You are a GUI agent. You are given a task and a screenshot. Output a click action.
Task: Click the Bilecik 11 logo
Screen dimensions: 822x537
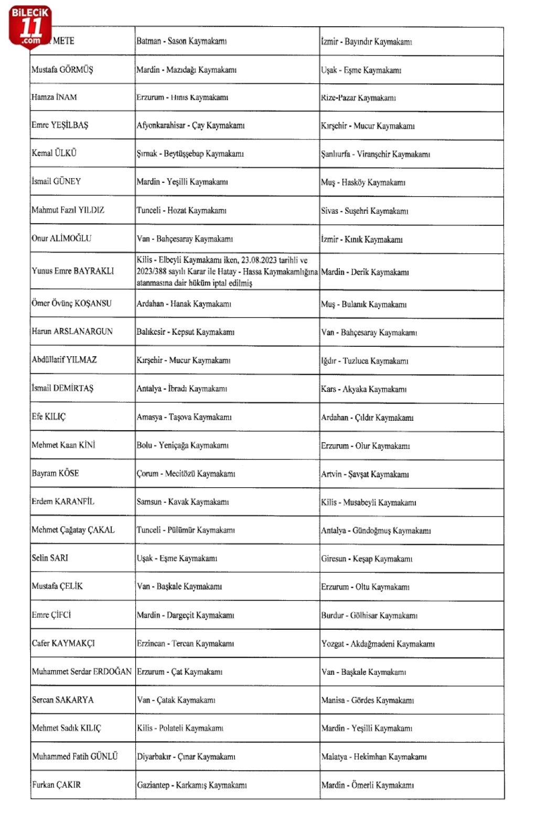coord(30,27)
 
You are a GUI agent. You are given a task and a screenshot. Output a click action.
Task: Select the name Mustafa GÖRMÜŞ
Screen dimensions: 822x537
coord(62,69)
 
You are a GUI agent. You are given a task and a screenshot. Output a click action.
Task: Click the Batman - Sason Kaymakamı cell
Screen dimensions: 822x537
coord(181,41)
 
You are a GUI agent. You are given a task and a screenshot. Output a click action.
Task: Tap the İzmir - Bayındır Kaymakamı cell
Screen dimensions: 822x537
coord(367,41)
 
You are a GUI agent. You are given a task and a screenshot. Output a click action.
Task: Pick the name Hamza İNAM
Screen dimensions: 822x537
coord(54,97)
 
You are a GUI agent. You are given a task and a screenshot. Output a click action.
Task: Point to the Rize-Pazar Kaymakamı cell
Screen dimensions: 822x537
coord(358,97)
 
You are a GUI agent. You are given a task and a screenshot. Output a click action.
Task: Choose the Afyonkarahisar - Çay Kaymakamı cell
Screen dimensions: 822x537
coord(190,125)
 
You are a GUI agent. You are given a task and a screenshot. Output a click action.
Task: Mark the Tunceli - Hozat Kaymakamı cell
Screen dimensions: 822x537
coord(181,210)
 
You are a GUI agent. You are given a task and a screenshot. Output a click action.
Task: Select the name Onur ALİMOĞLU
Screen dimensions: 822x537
coord(61,238)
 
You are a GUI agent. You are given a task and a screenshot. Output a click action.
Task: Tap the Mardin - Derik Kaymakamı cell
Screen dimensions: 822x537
coord(365,272)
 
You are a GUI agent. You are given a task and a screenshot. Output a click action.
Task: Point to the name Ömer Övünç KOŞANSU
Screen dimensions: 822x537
coord(71,303)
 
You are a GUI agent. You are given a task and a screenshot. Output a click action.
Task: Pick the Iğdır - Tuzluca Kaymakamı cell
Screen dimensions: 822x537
coord(364,360)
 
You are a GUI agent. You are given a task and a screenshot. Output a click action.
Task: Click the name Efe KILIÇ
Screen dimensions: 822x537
coord(49,417)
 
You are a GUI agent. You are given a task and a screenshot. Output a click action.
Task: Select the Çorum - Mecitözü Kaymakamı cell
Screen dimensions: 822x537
coord(186,474)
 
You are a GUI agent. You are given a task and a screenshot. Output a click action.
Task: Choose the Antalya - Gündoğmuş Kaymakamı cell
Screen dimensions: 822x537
coord(376,530)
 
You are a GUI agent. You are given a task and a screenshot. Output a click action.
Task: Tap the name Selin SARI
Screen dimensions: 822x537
coord(50,558)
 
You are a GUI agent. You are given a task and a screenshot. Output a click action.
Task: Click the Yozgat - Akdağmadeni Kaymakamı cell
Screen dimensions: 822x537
coord(378,643)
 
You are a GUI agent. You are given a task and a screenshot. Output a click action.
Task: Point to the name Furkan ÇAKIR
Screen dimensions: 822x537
coord(57,784)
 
